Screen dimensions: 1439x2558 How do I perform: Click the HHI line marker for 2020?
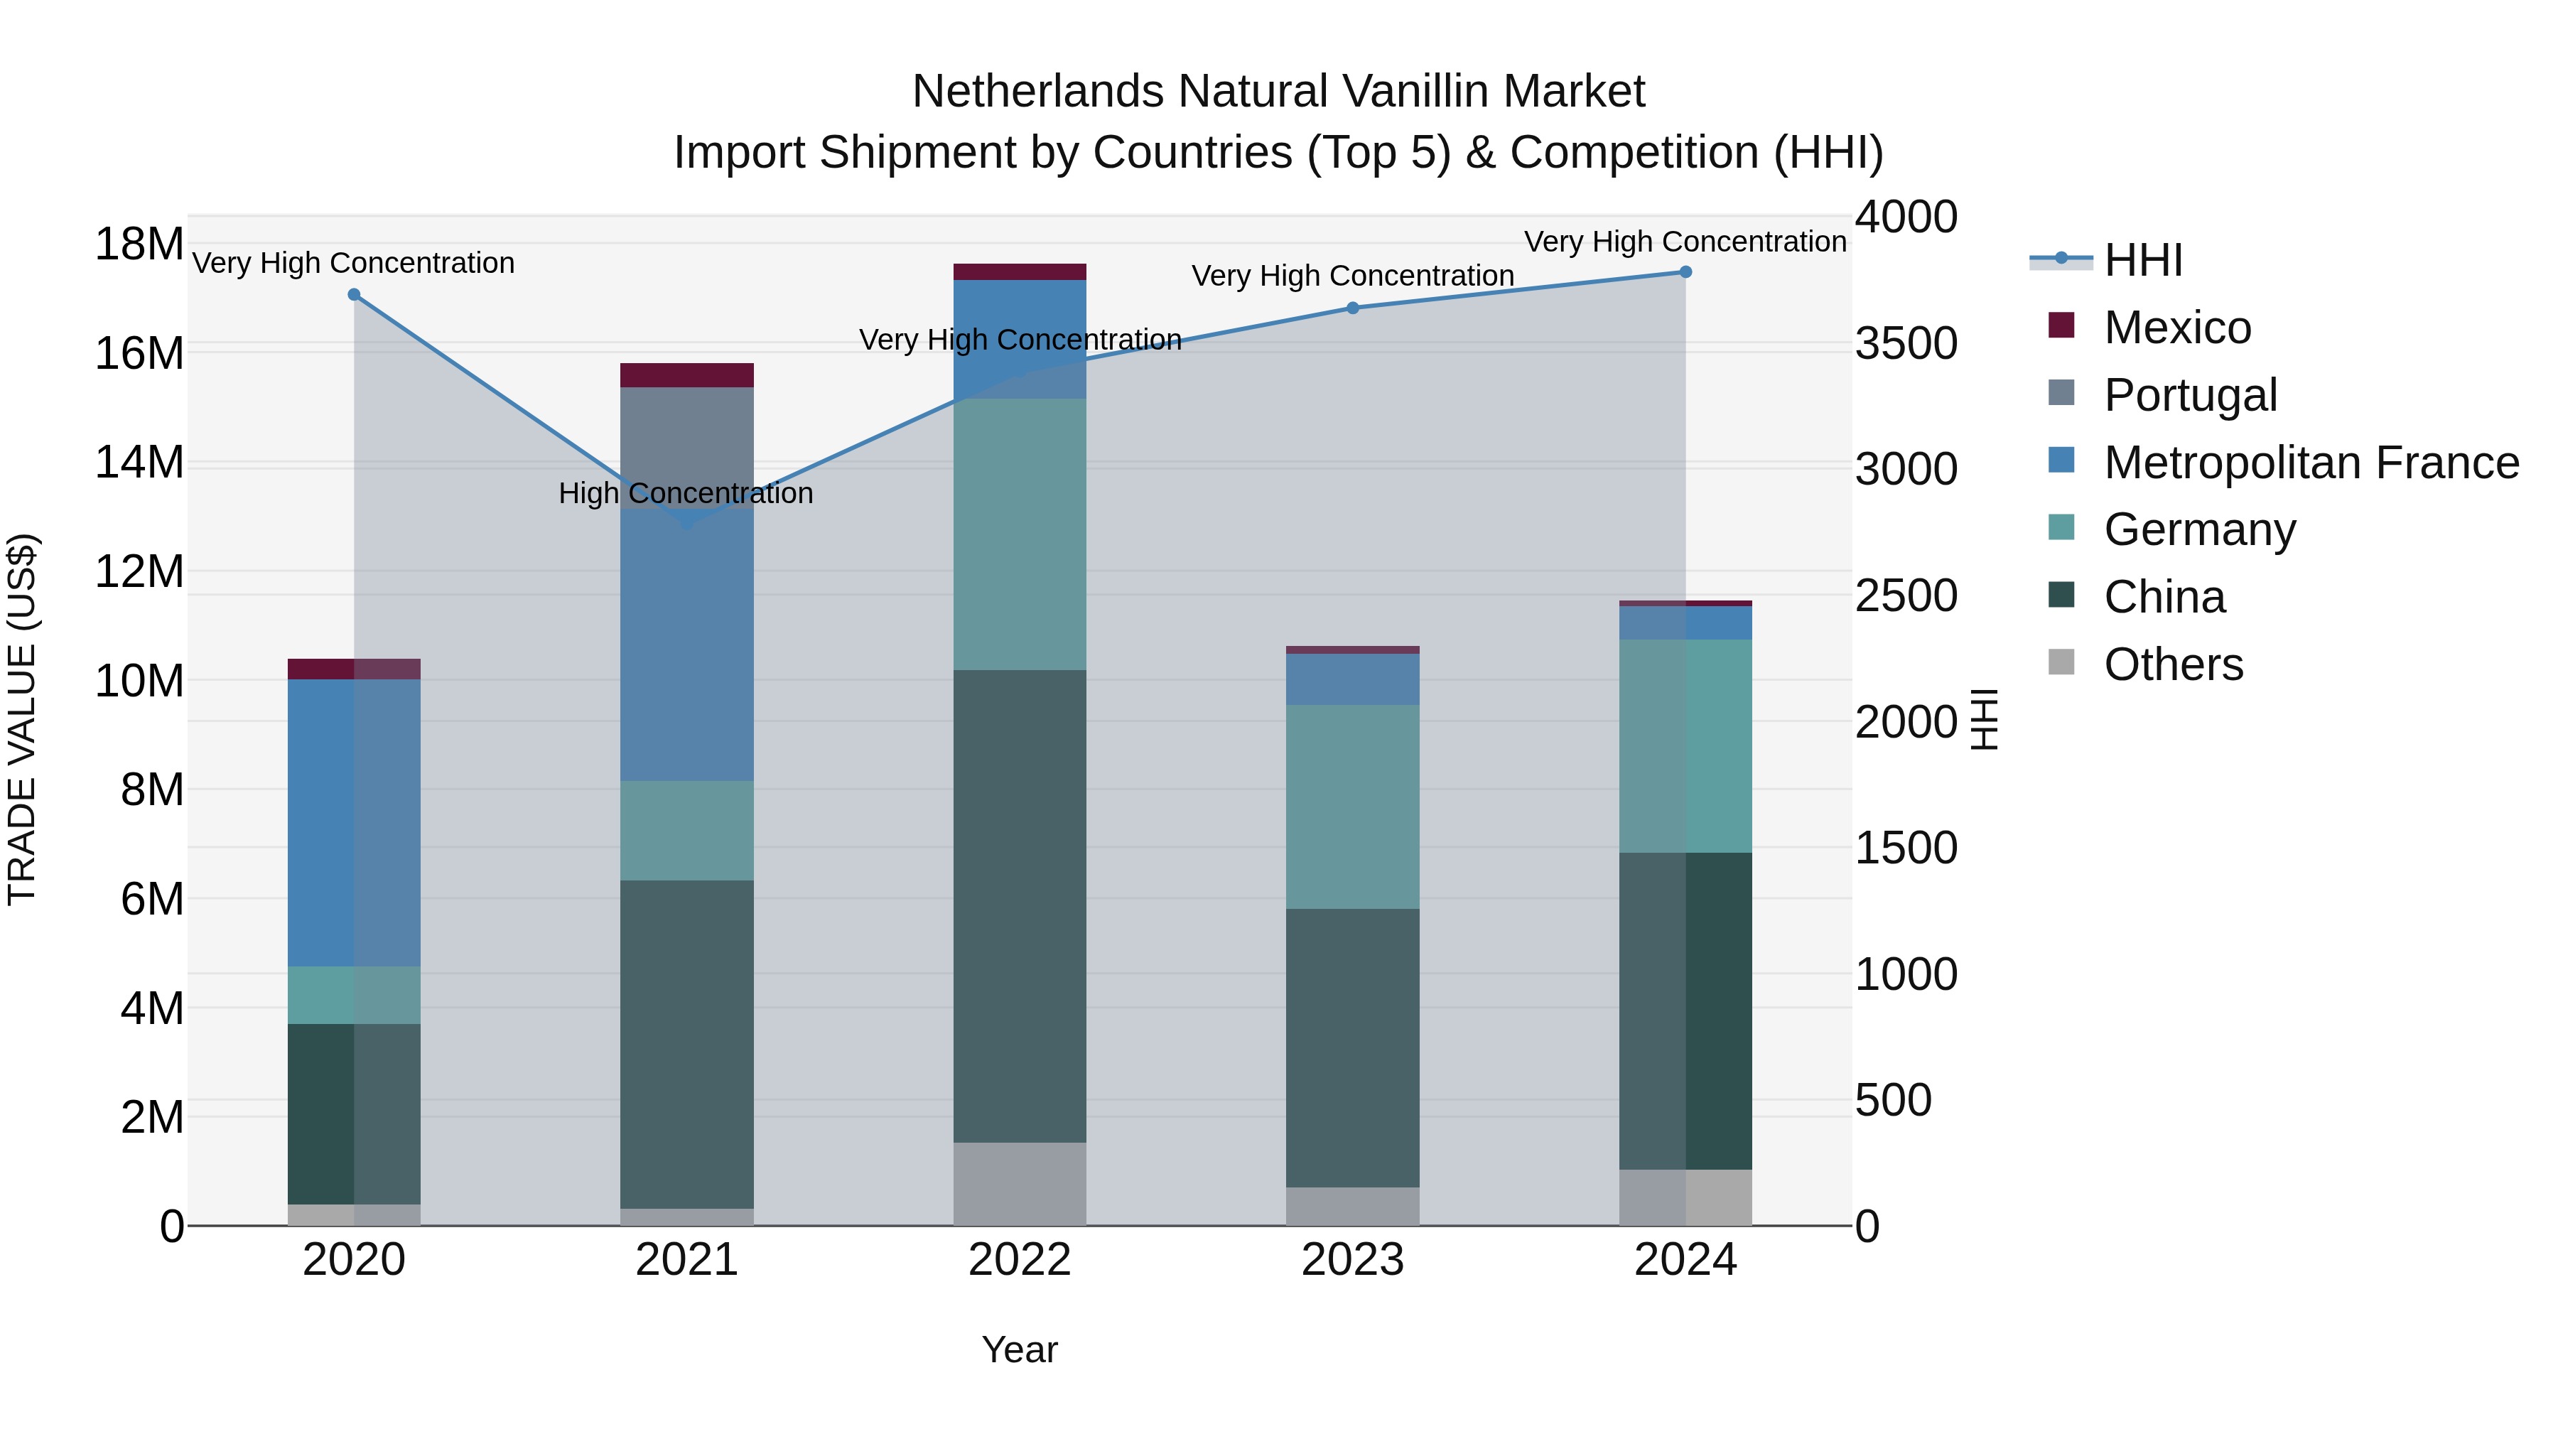tap(354, 295)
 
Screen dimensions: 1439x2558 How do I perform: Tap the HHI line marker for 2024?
tap(1685, 272)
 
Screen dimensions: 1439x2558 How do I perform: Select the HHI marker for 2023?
tap(1352, 308)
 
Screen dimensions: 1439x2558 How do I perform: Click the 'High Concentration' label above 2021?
tap(685, 494)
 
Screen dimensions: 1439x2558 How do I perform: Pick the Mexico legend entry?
tap(2176, 328)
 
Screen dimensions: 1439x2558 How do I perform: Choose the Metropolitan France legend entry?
tap(2311, 463)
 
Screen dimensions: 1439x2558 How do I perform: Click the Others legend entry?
tap(2173, 664)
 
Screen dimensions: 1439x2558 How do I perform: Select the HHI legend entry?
tap(2143, 260)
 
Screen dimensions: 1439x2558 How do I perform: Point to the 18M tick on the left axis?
tap(139, 244)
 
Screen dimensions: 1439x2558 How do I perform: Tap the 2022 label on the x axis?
tap(1019, 1260)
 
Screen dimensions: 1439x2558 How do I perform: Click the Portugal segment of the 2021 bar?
tap(686, 437)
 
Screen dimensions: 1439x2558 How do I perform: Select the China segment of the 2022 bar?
tap(1019, 906)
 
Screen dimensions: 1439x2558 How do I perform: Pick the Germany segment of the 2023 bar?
tap(1352, 807)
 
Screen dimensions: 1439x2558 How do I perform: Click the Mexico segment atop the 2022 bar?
tap(1019, 272)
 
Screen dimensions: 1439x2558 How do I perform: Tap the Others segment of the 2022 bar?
tap(1019, 1184)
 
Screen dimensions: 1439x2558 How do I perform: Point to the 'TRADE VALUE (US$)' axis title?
tap(22, 719)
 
